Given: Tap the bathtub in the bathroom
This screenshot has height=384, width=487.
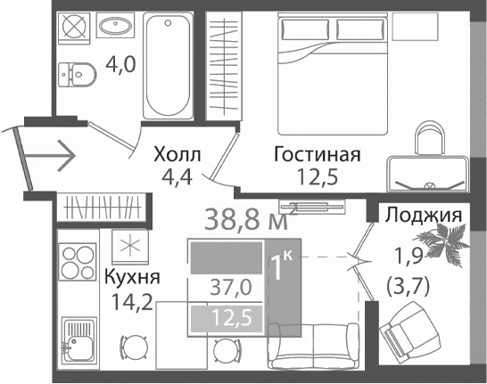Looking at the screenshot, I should tap(167, 63).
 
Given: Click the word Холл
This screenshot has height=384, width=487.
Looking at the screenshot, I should tap(177, 154).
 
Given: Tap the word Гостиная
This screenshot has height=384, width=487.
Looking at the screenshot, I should tap(317, 154).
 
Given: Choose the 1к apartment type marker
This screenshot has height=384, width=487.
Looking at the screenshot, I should tap(283, 266).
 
